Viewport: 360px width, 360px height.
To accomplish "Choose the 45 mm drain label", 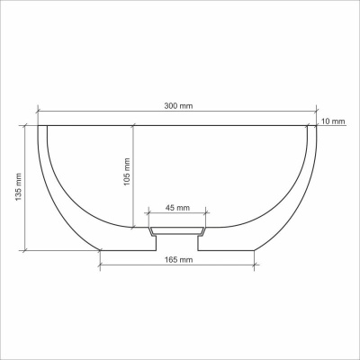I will tap(178, 209).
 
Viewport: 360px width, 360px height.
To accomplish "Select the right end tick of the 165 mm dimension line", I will tap(256, 265).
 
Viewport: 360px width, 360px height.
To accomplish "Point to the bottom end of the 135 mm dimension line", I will tap(26, 249).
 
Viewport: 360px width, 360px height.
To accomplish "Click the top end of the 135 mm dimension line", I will tap(26, 125).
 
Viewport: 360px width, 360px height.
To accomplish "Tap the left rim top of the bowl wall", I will tap(42, 126).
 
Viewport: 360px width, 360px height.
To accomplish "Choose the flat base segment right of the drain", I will tap(228, 249).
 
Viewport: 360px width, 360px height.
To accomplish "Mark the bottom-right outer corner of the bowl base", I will tap(256, 249).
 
